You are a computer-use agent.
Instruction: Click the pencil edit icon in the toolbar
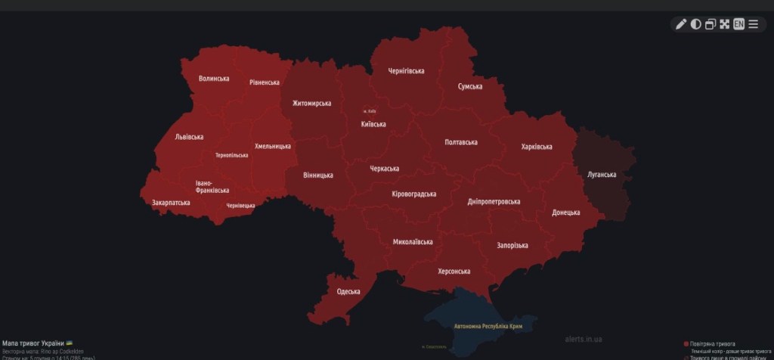coord(680,24)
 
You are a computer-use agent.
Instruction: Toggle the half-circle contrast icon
coord(695,24)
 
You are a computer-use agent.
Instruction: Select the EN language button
coord(738,24)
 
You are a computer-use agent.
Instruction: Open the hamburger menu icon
coord(753,24)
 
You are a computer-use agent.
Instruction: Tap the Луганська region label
coord(602,175)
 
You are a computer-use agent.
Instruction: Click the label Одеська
coord(348,291)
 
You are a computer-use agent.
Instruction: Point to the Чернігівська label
coord(406,71)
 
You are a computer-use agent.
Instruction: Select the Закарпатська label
coord(171,203)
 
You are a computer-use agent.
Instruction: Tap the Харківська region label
coord(537,147)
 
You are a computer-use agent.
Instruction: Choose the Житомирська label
coord(311,104)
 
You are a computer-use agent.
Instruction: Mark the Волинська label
coord(214,79)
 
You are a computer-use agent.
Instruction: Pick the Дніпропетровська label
coord(494,202)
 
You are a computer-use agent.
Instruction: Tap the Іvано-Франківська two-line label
coord(212,186)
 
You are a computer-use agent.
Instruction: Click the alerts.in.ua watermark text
coord(584,340)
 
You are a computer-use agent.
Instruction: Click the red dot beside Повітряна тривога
coord(686,344)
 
